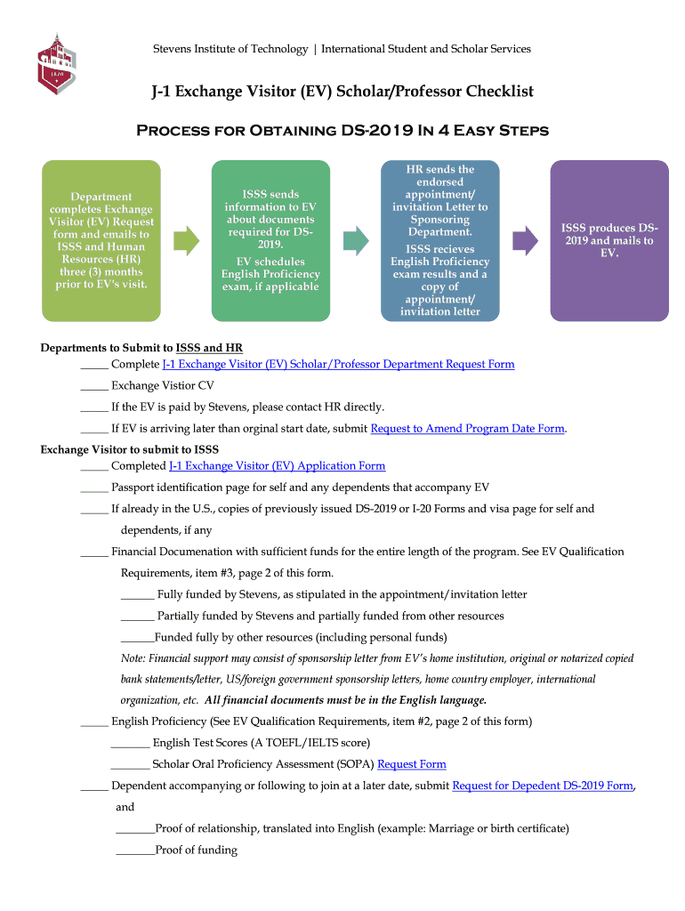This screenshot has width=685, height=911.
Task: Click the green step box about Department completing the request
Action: click(x=101, y=240)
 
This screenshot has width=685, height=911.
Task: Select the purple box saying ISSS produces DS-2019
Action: click(x=609, y=240)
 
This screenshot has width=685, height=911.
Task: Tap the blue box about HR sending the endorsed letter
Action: click(x=440, y=240)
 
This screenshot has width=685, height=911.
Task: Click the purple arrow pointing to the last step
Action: click(x=526, y=240)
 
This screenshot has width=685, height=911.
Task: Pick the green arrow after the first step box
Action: click(x=186, y=240)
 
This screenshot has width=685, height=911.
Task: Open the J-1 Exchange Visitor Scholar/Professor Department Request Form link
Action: click(x=338, y=364)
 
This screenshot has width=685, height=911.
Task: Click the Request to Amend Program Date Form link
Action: click(x=467, y=428)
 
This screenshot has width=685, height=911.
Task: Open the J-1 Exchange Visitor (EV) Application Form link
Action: click(x=277, y=465)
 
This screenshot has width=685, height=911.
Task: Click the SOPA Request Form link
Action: click(x=412, y=763)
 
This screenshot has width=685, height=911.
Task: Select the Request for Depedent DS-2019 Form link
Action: click(x=543, y=786)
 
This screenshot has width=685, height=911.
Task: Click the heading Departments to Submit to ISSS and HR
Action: click(x=141, y=347)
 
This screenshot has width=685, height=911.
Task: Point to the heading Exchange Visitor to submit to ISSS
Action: click(x=130, y=449)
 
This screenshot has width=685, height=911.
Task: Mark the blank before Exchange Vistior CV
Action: click(x=93, y=387)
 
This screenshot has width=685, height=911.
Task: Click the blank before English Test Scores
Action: click(x=130, y=744)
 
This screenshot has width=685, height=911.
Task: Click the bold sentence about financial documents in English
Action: click(x=346, y=699)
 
